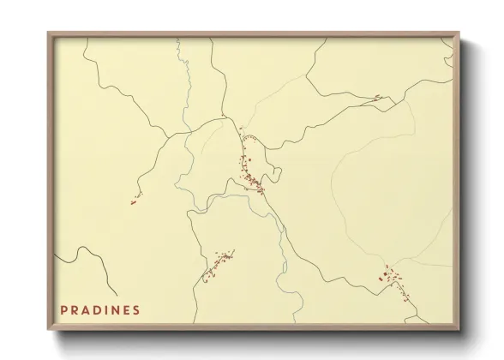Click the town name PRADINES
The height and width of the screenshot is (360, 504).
point(100,309)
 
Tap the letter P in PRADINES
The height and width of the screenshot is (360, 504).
point(64,309)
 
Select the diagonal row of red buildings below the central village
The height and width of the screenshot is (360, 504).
point(218,266)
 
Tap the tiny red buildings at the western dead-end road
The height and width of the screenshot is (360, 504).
point(135,201)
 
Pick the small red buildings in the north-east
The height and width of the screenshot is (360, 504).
point(375,98)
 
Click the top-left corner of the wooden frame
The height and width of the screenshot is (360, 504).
point(49,33)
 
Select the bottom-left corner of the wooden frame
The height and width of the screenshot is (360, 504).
point(49,330)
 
